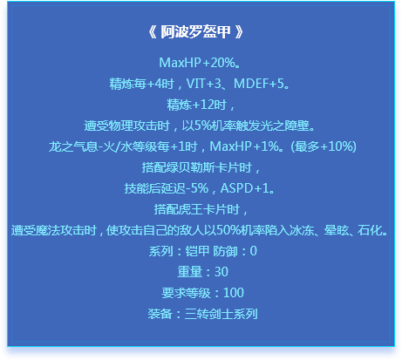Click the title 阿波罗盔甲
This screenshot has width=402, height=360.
[196, 31]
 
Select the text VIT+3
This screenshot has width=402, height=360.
[203, 84]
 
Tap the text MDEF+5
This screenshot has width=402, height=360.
[259, 84]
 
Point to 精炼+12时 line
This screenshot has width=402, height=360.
[201, 105]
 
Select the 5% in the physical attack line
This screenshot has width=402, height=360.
[202, 126]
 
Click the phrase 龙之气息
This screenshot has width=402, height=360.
[73, 146]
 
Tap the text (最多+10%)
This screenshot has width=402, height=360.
[324, 146]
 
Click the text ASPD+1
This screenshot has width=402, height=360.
[245, 188]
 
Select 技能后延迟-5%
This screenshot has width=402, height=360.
[167, 188]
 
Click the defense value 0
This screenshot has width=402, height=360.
[254, 251]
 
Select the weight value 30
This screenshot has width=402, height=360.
[221, 272]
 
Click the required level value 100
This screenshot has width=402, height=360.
[234, 293]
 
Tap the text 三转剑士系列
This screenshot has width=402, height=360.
[221, 314]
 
